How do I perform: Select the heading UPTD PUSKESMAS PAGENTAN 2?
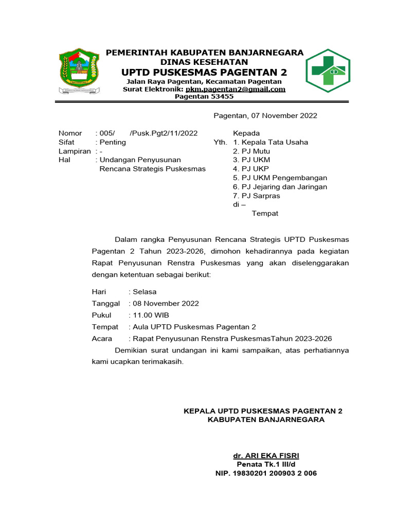coord(204,71)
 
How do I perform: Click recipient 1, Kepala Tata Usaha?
coord(274,142)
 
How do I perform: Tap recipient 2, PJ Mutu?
coord(255,151)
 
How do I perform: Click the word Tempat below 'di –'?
coord(264,214)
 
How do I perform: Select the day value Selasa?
coord(145,292)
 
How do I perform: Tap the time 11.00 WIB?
coord(151,315)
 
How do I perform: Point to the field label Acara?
coord(102,339)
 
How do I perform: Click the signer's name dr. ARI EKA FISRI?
coord(266,456)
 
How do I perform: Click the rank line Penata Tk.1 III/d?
coord(266,465)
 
